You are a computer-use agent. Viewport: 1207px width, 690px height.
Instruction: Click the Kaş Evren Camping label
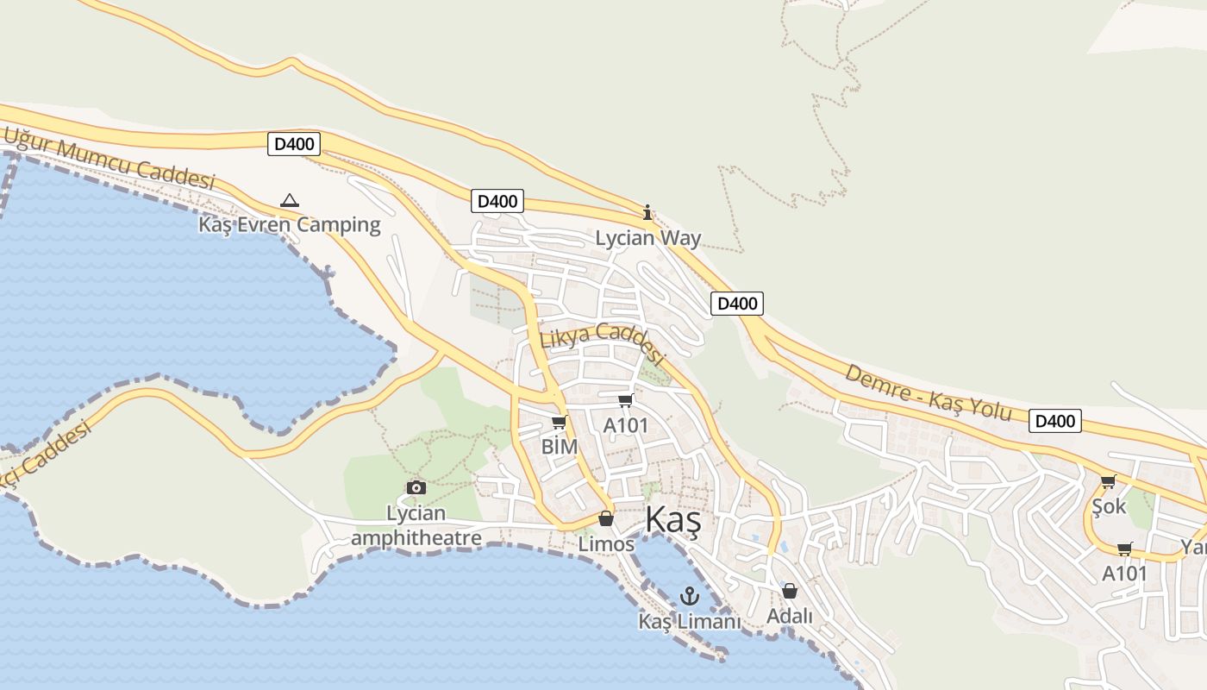coord(290,225)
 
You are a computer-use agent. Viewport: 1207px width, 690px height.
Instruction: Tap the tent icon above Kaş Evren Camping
coord(290,201)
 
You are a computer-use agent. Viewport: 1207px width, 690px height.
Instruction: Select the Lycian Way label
coord(648,238)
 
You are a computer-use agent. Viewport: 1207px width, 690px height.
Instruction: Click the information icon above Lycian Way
coord(647,212)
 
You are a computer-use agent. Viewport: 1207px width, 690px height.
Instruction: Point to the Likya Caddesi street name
coord(603,342)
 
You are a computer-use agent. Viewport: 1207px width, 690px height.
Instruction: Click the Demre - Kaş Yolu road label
coord(928,392)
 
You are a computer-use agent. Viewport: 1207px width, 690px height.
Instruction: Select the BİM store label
coord(559,447)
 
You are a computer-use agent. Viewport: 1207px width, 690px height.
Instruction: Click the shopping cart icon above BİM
coord(559,422)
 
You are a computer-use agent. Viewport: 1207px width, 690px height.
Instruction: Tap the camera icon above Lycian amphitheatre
coord(416,488)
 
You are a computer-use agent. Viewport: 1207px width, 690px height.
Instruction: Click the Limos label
coord(606,544)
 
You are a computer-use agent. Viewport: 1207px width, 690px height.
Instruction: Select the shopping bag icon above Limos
coord(606,518)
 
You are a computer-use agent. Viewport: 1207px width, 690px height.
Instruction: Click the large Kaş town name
coord(673,520)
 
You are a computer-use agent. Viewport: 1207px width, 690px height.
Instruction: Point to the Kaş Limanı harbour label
coord(690,621)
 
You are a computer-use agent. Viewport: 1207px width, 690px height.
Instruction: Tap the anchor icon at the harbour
coord(689,595)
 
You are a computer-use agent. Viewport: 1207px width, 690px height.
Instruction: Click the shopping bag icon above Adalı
coord(790,591)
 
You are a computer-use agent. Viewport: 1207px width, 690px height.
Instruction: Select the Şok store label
coord(1109,506)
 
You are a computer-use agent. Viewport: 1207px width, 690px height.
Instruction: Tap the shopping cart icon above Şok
coord(1108,481)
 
